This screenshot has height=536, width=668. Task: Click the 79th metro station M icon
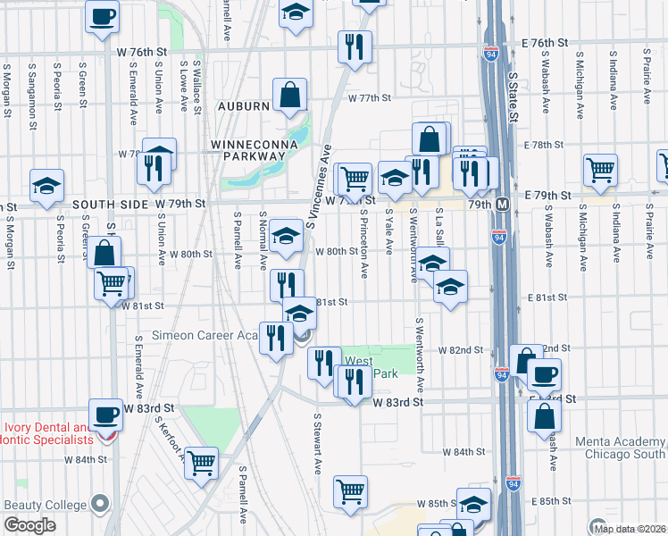click(x=503, y=205)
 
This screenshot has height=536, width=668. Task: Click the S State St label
click(x=514, y=89)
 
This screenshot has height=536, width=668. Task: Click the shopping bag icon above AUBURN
click(x=290, y=95)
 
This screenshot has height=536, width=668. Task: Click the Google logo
click(x=29, y=525)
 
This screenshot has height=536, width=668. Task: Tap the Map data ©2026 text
click(x=630, y=529)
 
